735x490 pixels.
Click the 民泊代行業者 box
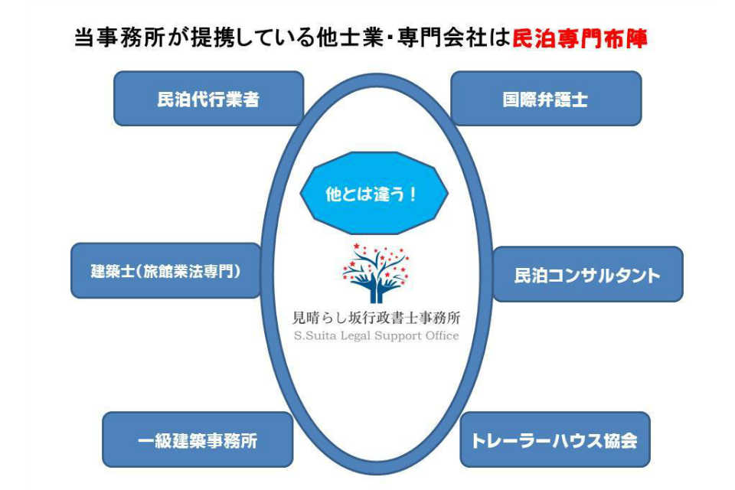tap(208, 99)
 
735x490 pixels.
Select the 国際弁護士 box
tap(545, 99)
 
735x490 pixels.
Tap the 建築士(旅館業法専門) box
tap(165, 270)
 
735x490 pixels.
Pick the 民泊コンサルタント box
tap(587, 275)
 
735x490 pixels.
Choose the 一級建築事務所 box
tap(198, 440)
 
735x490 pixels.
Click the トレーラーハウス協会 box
tap(554, 440)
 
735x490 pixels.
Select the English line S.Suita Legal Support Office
tap(377, 335)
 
